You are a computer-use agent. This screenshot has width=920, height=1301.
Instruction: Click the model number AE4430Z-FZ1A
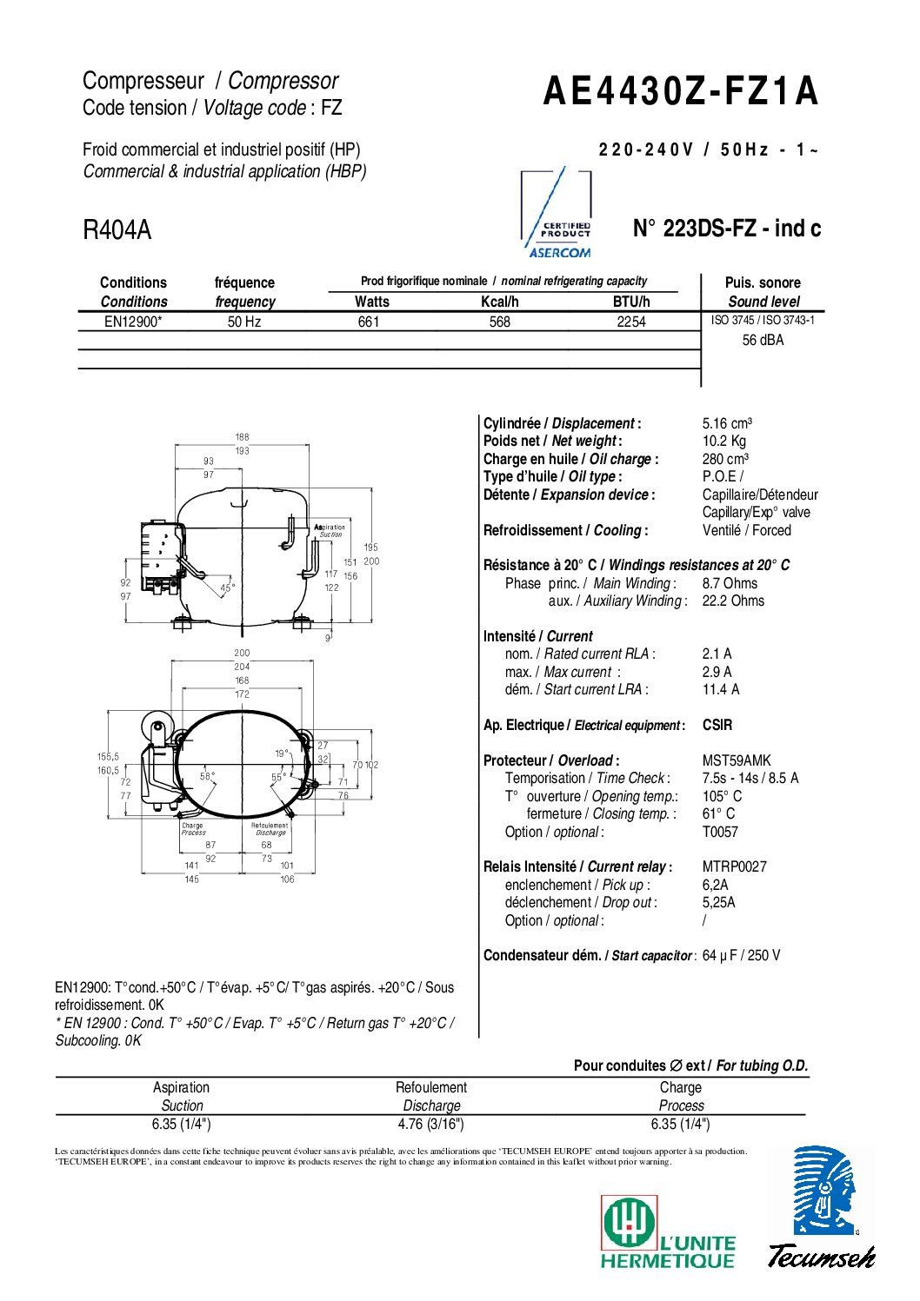pos(680,91)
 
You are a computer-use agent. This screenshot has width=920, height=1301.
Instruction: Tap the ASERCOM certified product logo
pos(557,215)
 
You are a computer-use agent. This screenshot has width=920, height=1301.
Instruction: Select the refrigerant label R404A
pos(117,230)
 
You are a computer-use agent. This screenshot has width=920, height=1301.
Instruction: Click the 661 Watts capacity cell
pos(369,322)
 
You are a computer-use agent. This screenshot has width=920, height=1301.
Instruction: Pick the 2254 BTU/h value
pos(631,322)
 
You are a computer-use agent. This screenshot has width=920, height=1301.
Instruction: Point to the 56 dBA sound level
pos(763,341)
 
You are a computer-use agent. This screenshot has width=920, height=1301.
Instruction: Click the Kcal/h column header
pos(500,302)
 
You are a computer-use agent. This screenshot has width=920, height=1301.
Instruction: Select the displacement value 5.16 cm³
pos(727,423)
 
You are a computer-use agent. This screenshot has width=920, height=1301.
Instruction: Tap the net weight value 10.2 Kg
pos(724,441)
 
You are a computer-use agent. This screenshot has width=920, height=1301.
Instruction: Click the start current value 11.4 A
pos(721,689)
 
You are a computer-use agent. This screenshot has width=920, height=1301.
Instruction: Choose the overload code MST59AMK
pos(737,760)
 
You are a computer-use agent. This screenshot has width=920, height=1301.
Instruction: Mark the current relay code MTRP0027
pos(735,866)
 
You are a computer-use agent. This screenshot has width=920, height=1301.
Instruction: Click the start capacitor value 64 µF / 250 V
pos(741,955)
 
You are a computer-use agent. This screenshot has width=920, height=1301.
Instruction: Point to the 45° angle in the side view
pos(228,588)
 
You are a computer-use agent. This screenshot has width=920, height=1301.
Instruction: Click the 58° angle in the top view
pos(208,776)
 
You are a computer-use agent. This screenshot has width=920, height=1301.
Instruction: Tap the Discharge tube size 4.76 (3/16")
pos(430,1124)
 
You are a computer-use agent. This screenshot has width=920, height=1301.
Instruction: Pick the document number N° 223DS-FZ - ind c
pos(726,229)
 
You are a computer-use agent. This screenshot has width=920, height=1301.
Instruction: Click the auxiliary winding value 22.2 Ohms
pos(733,601)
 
